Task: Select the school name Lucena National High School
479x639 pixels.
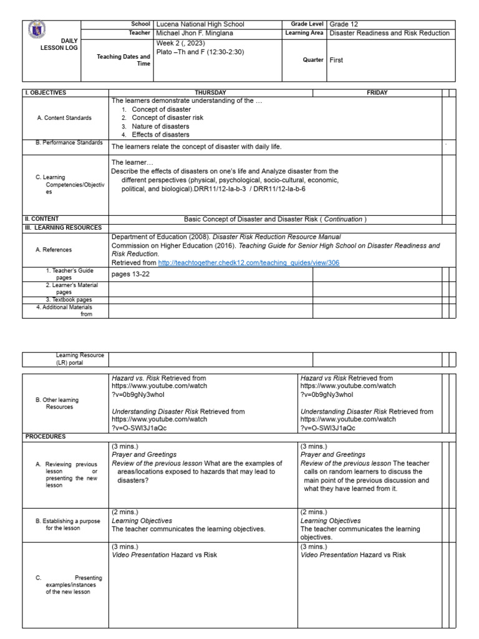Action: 200,24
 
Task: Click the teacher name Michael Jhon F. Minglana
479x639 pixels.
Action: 200,33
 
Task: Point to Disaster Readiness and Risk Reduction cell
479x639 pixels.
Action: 389,33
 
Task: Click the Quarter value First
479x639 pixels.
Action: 337,61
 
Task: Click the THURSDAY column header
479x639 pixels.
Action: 210,92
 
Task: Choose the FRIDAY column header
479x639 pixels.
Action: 377,92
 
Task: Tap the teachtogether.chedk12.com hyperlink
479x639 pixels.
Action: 249,263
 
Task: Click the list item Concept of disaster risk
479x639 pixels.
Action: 167,117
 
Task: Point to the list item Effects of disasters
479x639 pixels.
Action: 160,134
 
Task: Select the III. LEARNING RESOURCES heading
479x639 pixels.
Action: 62,227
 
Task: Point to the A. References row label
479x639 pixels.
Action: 54,250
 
